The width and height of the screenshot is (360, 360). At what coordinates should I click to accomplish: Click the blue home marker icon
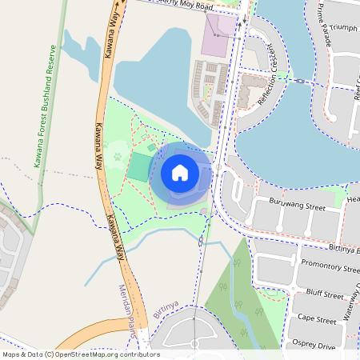click(180, 173)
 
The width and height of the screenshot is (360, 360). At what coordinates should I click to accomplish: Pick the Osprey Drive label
click(315, 346)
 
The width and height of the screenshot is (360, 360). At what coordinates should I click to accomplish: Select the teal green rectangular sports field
click(139, 167)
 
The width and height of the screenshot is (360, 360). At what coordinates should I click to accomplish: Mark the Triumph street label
click(343, 28)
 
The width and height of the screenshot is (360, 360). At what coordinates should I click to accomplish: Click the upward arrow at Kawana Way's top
click(116, 4)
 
